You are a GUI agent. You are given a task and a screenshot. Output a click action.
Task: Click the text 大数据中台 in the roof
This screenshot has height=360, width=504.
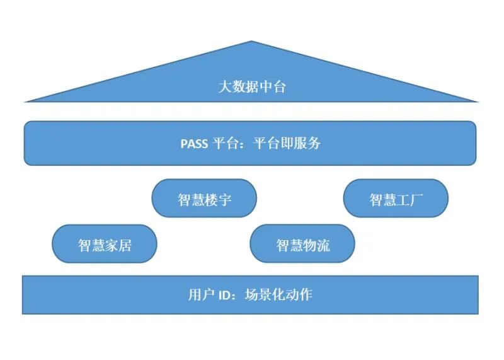pyautogui.click(x=251, y=86)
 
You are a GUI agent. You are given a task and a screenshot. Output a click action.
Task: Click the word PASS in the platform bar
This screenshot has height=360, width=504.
pyautogui.click(x=194, y=143)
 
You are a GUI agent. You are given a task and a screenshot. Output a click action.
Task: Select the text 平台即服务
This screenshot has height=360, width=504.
pyautogui.click(x=287, y=143)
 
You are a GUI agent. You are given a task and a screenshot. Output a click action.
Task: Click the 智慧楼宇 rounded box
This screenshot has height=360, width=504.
pyautogui.click(x=204, y=199)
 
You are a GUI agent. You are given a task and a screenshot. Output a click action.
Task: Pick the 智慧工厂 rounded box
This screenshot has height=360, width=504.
pyautogui.click(x=396, y=200)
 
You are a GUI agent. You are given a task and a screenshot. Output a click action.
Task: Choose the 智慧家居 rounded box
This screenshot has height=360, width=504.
pyautogui.click(x=105, y=245)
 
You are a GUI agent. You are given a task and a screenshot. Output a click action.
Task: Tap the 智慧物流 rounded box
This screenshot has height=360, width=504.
pyautogui.click(x=302, y=245)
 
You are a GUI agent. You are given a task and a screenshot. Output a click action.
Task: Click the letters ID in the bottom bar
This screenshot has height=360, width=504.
pyautogui.click(x=224, y=294)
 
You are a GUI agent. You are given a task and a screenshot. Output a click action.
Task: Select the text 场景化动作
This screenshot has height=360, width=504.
pyautogui.click(x=278, y=294)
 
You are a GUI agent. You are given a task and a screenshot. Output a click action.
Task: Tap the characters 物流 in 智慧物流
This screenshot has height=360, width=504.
pyautogui.click(x=316, y=245)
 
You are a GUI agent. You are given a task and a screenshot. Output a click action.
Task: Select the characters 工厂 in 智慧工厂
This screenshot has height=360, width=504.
pyautogui.click(x=409, y=200)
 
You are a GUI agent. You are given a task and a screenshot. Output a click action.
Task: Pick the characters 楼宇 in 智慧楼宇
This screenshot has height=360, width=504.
pyautogui.click(x=218, y=200)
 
